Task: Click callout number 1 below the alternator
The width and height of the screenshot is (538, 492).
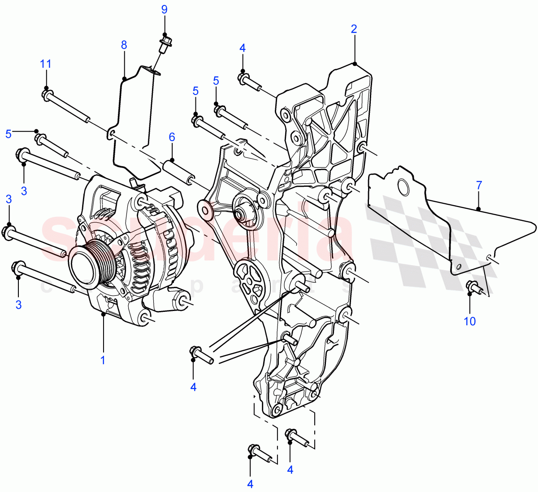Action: pos(103,360)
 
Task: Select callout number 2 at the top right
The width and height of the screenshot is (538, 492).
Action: pos(354,30)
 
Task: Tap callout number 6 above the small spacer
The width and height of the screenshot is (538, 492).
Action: pos(172,137)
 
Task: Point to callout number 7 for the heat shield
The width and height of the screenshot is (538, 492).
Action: pos(479,185)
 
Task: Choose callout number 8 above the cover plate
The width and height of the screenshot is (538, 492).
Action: pos(124,45)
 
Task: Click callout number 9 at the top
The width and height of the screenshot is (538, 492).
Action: pos(164,9)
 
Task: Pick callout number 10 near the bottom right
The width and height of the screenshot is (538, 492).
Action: pos(470,321)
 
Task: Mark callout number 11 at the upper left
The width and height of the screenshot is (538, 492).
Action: pos(46,64)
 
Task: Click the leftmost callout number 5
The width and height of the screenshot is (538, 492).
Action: pos(9,134)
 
